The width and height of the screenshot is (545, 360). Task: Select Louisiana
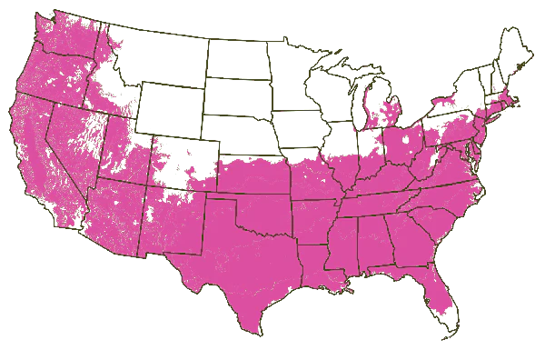click(x=313, y=268)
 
